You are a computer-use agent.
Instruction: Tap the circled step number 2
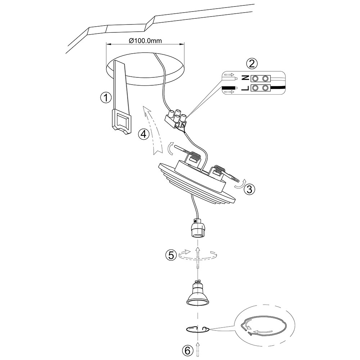pyautogui.click(x=252, y=64)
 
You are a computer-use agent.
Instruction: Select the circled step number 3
pyautogui.click(x=249, y=188)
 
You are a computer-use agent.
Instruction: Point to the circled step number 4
pyautogui.click(x=144, y=134)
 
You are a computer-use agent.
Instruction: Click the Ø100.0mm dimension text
pyautogui.click(x=145, y=41)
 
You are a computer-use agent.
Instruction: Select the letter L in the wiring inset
pyautogui.click(x=244, y=88)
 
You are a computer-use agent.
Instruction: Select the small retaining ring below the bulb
pyautogui.click(x=197, y=329)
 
